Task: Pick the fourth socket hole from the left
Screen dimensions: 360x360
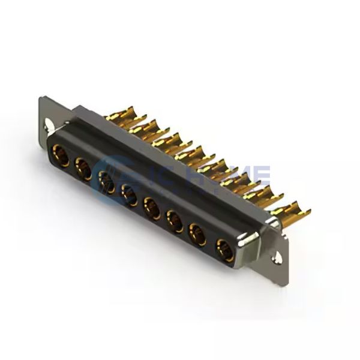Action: pos(128,193)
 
